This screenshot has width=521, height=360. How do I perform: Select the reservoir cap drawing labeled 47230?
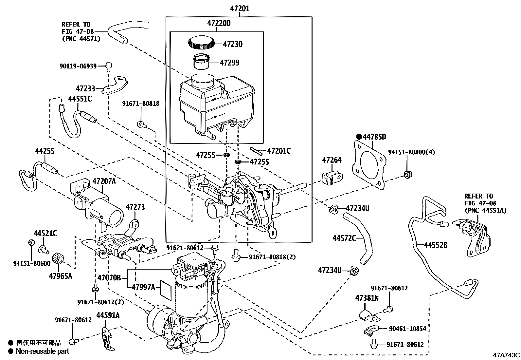[x=201, y=43]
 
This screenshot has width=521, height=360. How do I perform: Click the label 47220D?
[x=219, y=23]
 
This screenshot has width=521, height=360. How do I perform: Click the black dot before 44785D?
[x=359, y=137]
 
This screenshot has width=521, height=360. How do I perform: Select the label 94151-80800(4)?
[x=411, y=152]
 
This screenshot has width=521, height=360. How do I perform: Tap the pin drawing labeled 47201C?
[x=257, y=151]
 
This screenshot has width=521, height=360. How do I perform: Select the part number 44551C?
[x=80, y=99]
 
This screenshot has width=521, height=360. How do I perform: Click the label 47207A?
[x=104, y=181]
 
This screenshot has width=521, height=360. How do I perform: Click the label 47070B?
[x=109, y=278]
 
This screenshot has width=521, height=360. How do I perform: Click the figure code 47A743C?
[x=507, y=355]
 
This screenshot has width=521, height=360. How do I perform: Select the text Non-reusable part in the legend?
[x=43, y=351]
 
